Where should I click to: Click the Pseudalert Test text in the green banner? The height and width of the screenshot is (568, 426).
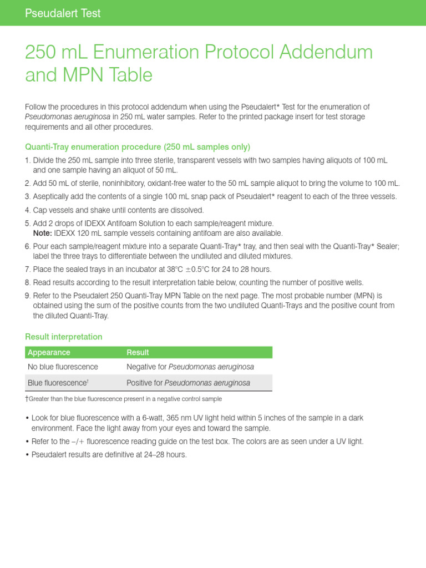pos(63,13)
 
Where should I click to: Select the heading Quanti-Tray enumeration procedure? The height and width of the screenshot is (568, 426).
pos(138,147)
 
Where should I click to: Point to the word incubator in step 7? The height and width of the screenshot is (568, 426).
pos(138,270)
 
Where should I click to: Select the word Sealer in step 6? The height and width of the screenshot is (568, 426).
pos(385,246)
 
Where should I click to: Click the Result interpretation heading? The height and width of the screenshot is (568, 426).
pos(64,337)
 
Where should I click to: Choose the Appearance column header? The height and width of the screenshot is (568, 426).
pos(49,352)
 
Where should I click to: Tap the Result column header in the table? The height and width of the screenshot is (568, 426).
pos(138,352)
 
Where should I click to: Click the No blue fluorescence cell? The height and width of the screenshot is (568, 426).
pos(63,367)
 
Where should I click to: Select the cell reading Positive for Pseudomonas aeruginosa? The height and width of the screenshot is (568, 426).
pos(188,383)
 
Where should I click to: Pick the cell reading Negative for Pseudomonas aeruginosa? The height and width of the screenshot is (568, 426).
pos(190,367)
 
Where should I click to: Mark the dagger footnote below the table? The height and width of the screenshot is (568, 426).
pos(123,399)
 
